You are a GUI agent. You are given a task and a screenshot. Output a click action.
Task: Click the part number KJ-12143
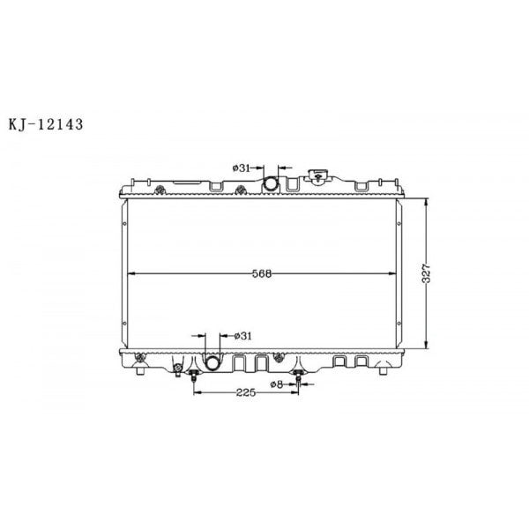pyautogui.click(x=45, y=124)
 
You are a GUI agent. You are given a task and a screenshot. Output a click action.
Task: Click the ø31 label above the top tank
pyautogui.click(x=243, y=168)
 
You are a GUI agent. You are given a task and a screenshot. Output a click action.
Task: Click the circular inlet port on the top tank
pyautogui.click(x=272, y=183)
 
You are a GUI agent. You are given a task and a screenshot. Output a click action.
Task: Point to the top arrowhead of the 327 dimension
pyautogui.click(x=428, y=201)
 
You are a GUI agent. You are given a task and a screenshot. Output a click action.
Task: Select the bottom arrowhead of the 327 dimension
pyautogui.click(x=428, y=346)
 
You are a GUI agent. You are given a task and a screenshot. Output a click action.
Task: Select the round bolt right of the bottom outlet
pyautogui.click(x=279, y=356)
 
